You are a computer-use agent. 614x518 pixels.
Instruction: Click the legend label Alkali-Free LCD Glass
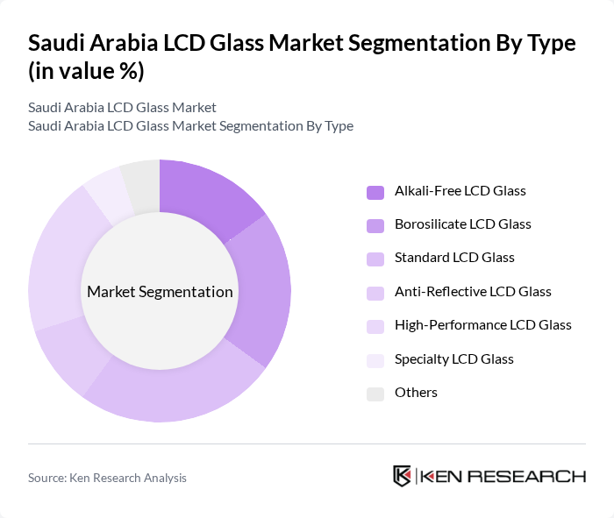[x=460, y=190]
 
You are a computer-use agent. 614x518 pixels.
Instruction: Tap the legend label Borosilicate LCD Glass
[x=462, y=224]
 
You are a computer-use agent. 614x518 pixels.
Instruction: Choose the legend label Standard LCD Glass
[x=454, y=258]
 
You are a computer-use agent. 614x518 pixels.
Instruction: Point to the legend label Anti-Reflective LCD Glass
[x=473, y=291]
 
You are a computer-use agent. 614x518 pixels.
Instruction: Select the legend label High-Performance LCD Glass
[x=482, y=325]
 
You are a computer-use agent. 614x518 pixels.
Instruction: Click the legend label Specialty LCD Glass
[x=453, y=358]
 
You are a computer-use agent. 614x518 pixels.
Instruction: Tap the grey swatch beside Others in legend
[x=375, y=393]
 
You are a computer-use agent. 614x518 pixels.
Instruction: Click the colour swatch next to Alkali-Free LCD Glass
[x=375, y=191]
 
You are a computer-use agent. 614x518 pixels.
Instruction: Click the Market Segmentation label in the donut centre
[x=160, y=292]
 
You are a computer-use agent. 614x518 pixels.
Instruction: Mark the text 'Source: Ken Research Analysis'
[x=107, y=478]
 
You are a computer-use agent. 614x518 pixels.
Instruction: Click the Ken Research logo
[x=489, y=476]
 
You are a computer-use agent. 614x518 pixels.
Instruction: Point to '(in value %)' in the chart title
[x=86, y=71]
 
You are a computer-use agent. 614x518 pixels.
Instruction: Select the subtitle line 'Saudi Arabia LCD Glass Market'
[x=122, y=108]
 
